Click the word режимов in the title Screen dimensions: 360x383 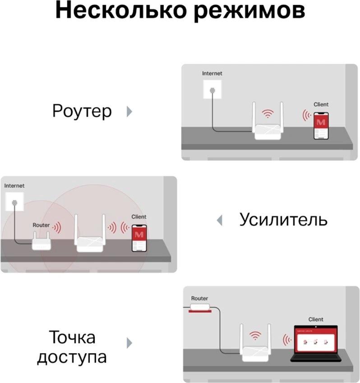click(249, 12)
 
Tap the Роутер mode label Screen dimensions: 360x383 click(82, 111)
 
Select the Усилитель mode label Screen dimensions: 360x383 click(283, 219)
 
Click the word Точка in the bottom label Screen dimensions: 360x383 click(72, 337)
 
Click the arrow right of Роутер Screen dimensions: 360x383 click(129, 111)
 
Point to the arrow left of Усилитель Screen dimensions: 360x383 click(220, 220)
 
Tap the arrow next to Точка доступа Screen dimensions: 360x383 click(129, 343)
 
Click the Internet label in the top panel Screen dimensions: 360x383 click(212, 73)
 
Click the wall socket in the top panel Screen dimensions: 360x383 click(212, 89)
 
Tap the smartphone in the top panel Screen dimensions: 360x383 click(321, 126)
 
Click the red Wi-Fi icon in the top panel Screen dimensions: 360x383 click(268, 114)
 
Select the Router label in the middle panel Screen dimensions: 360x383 click(41, 225)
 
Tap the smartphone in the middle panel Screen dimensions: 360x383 click(139, 238)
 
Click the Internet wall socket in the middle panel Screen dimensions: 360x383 click(14, 202)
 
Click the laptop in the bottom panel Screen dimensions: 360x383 click(316, 343)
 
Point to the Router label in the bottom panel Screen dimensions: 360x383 click(199, 298)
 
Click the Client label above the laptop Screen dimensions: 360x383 click(315, 319)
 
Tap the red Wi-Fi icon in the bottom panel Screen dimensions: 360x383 click(255, 336)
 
